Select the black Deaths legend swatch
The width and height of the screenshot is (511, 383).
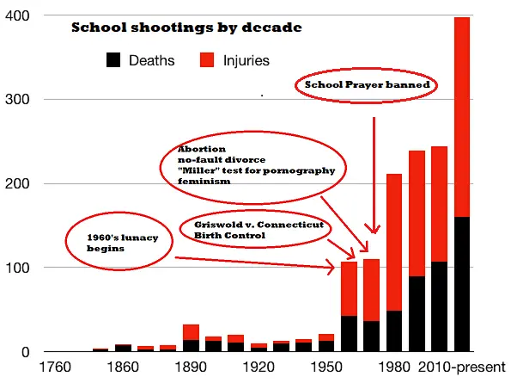tap(114, 60)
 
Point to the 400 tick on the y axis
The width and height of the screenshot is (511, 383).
tap(17, 15)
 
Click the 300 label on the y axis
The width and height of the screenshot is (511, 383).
tap(17, 100)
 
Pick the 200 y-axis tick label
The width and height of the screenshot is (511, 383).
tap(17, 183)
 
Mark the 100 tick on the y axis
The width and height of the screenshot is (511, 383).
tap(17, 268)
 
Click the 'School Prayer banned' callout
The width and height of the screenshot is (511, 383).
tap(367, 86)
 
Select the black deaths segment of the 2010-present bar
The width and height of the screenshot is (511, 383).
tap(461, 284)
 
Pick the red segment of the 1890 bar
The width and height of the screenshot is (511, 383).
tap(192, 332)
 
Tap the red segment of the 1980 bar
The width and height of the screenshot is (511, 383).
tap(394, 241)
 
